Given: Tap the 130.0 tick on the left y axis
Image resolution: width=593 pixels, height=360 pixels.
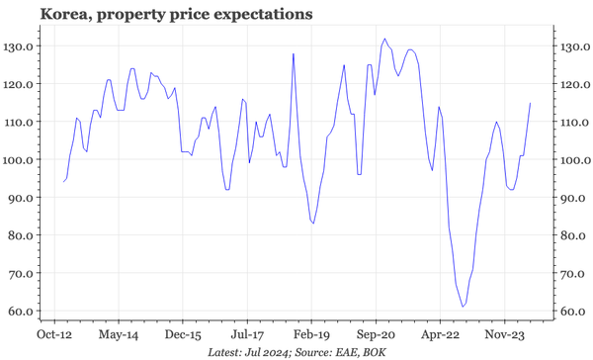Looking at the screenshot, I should [x=22, y=46].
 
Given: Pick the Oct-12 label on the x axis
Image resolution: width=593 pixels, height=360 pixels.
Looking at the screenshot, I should [x=54, y=335].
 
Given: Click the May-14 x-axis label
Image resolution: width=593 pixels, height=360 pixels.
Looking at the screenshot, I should [x=119, y=335].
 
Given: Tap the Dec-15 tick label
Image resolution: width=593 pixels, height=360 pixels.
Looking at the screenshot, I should [x=183, y=335].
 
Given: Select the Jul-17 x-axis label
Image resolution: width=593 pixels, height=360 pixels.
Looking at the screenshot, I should [x=247, y=335].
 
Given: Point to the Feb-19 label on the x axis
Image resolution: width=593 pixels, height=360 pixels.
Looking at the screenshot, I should [x=311, y=335].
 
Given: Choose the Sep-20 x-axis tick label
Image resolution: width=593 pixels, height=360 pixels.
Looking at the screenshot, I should [x=376, y=335].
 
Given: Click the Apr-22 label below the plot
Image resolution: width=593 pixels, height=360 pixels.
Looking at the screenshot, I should [x=440, y=335].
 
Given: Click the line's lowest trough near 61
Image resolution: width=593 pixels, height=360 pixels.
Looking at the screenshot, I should [x=463, y=308].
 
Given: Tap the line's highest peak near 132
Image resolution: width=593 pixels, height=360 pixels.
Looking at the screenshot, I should [x=384, y=40].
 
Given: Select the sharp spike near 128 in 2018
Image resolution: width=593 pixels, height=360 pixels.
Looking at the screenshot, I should [x=294, y=53].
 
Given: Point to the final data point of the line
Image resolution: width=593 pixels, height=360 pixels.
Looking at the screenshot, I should [x=531, y=103].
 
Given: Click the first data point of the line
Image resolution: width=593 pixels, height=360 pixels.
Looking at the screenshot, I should [x=63, y=182].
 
